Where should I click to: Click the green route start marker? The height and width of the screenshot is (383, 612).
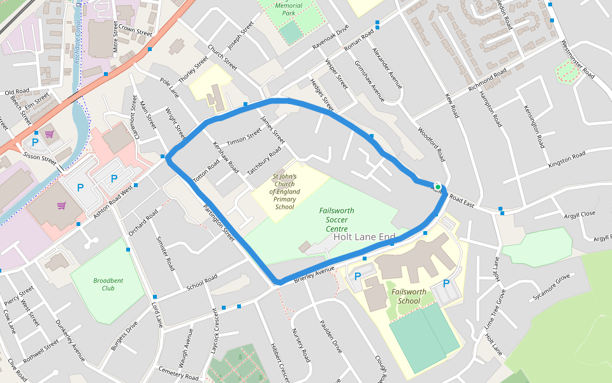(x=437, y=186)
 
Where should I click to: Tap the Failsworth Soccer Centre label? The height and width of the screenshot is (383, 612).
(x=337, y=219)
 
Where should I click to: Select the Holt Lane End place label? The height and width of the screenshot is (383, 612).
(x=364, y=237)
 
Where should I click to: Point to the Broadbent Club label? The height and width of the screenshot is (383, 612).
(x=108, y=284)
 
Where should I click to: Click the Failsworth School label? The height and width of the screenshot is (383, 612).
(x=401, y=296)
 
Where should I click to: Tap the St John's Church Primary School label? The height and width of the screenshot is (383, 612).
(x=284, y=191)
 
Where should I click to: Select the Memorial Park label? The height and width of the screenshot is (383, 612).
(x=288, y=9)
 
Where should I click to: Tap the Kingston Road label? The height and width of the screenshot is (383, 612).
(x=566, y=160)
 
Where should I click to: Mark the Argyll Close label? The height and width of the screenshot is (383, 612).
(x=579, y=214)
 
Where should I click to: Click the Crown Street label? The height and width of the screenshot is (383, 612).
(x=136, y=30)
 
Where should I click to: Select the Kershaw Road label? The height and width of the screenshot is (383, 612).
(x=225, y=158)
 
